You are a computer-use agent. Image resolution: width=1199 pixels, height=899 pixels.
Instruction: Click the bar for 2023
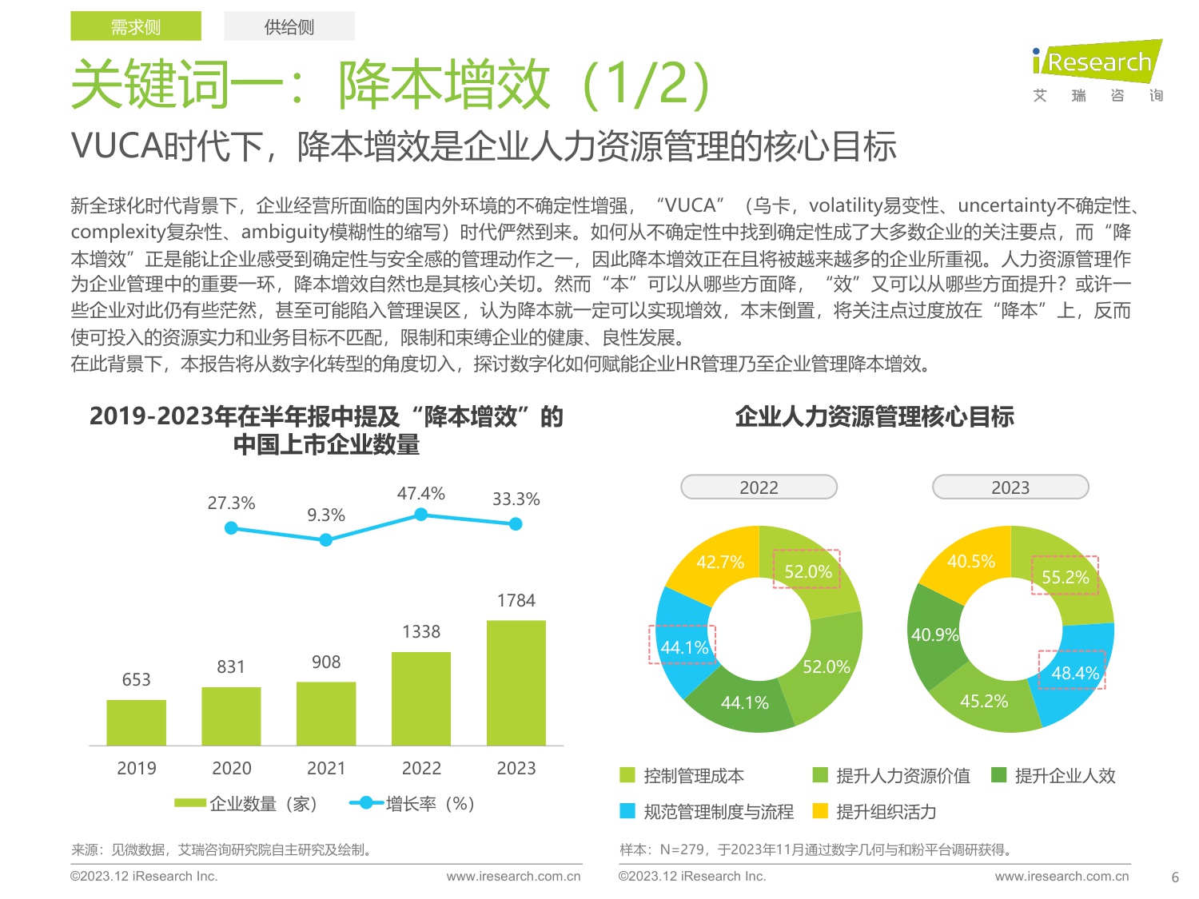coord(516,682)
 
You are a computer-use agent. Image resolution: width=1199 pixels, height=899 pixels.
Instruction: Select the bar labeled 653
coord(136,722)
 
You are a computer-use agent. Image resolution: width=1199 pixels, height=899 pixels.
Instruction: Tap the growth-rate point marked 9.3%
coord(325,540)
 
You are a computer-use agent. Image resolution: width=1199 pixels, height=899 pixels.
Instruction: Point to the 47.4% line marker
coord(420,515)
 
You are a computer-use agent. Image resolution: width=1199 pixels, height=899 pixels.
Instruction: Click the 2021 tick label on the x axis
coord(326,769)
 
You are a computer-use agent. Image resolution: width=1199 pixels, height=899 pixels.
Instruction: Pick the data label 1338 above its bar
coord(421,632)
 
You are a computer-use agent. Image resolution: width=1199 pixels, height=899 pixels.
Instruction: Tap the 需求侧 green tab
coord(136,26)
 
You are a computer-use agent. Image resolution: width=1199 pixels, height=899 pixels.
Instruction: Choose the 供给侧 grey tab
coord(289,26)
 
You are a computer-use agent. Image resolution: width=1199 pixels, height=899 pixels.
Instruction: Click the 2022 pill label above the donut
coord(759,487)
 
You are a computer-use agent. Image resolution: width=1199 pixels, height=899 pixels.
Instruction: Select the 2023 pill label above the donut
coord(1010,487)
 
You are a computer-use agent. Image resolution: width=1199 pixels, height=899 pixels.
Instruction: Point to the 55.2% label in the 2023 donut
coord(1066,577)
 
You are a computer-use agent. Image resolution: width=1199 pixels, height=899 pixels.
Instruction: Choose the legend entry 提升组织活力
coord(874,812)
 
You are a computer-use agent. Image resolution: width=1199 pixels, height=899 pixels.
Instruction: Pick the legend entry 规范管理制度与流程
coord(707,812)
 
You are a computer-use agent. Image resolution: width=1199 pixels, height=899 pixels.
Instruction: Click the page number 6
coord(1175,877)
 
